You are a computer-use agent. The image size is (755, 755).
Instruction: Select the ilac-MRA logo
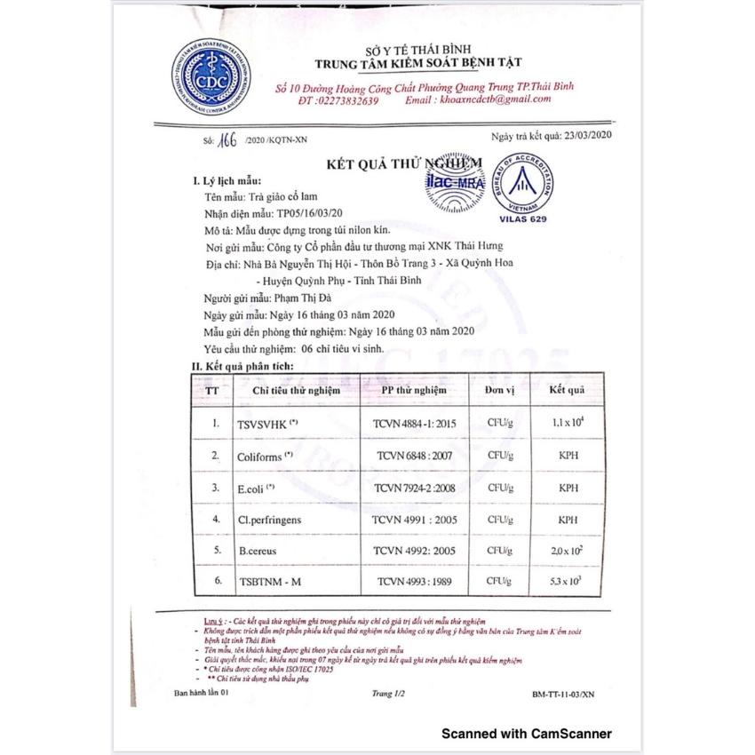click(x=451, y=182)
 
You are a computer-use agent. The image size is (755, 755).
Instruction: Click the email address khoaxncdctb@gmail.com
click(x=503, y=101)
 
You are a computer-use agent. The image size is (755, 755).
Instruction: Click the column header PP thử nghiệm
click(x=414, y=390)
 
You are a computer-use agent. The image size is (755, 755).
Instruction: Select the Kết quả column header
click(x=566, y=390)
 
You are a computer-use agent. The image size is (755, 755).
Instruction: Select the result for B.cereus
click(x=567, y=551)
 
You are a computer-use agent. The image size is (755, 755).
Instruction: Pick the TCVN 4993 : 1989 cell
click(x=414, y=582)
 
